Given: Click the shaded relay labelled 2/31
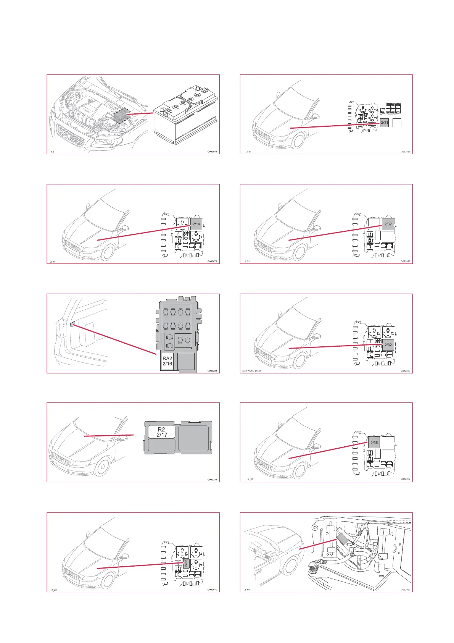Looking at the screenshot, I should click(384, 123).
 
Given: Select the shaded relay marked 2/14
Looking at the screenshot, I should click(196, 224).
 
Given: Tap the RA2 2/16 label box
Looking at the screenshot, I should click(167, 361).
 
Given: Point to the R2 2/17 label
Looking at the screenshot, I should click(162, 432).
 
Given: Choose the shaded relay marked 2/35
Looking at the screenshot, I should click(374, 443).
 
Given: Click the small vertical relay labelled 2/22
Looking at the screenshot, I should click(186, 564).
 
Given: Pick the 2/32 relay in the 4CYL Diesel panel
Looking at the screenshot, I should click(388, 344).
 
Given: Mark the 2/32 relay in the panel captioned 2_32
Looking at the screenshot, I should click(388, 224).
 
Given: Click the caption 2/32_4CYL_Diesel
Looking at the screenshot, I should click(252, 371).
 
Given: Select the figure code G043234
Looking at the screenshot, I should click(212, 371).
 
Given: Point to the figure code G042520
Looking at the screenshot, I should click(405, 371).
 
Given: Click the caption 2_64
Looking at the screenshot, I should click(247, 590).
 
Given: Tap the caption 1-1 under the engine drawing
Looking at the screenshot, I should click(52, 152).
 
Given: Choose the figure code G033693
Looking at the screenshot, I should click(405, 590).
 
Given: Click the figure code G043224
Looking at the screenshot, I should click(212, 480).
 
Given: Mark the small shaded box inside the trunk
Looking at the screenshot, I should click(72, 324).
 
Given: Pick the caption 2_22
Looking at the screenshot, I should click(54, 590).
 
